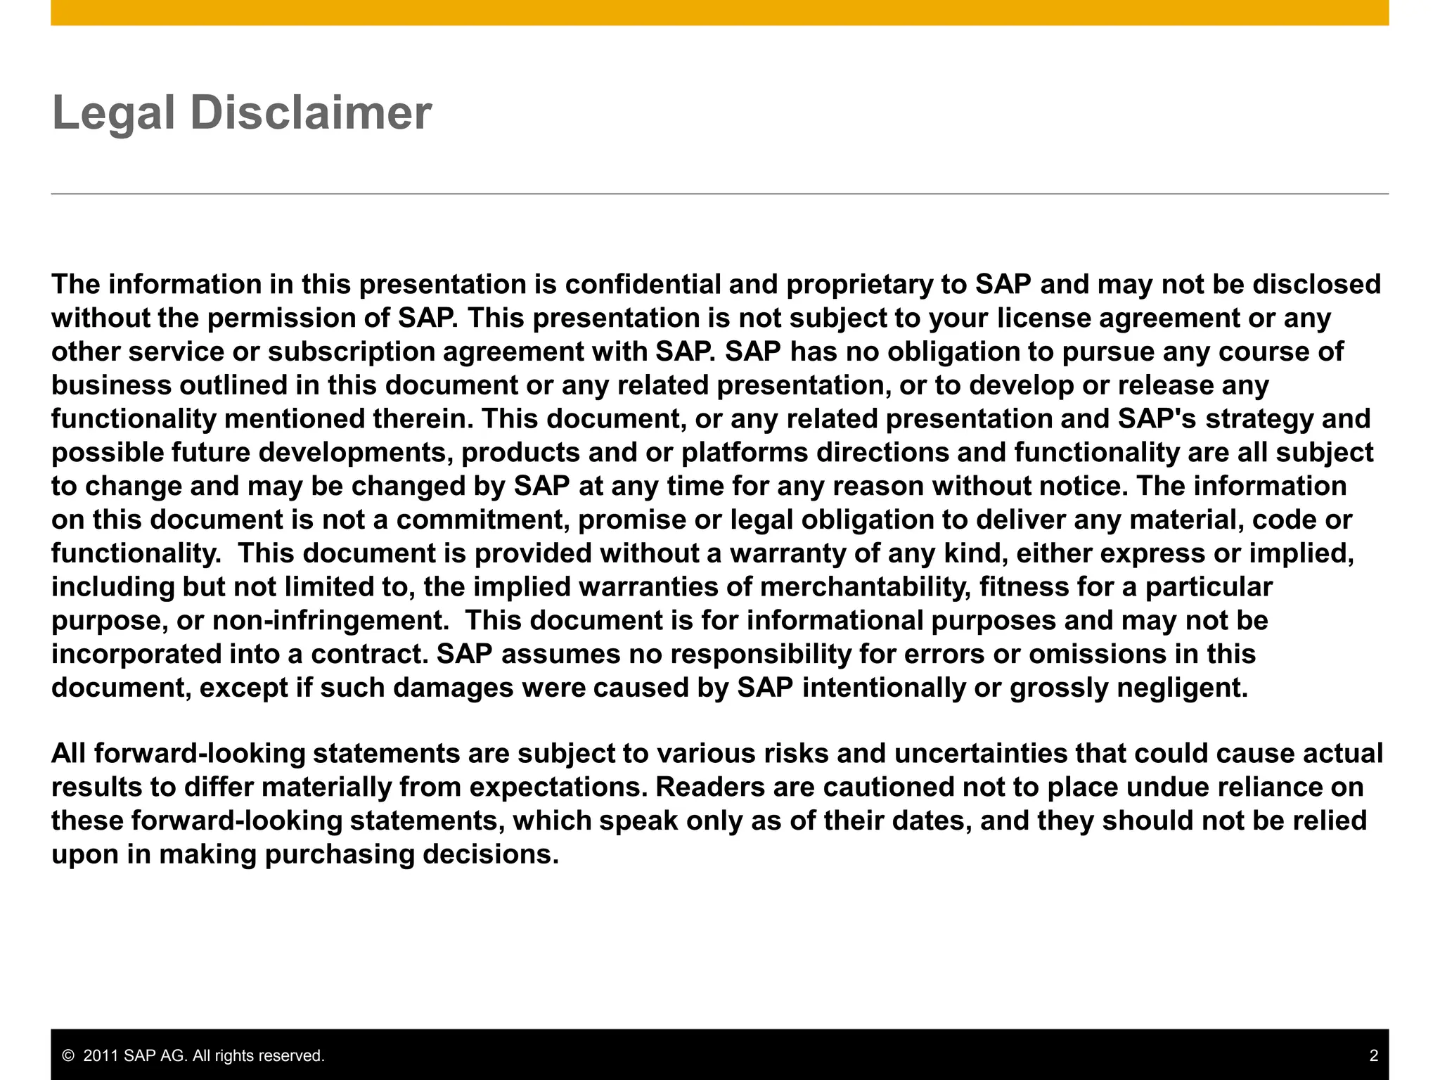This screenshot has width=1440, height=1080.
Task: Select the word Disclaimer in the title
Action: point(311,113)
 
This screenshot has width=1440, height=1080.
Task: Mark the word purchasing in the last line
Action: point(340,855)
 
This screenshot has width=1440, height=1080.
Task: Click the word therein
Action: point(420,419)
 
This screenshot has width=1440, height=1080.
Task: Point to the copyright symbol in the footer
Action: point(68,1056)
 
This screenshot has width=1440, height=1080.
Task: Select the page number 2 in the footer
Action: point(1373,1056)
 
